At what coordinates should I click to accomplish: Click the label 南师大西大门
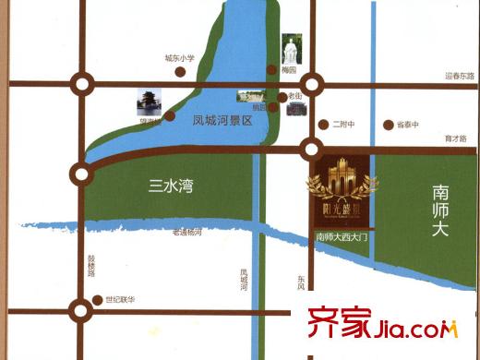pos(342,237)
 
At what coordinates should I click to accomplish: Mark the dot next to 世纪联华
pos(99,300)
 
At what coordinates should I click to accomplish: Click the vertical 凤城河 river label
pos(244,279)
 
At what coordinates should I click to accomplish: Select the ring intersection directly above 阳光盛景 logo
pos(312,149)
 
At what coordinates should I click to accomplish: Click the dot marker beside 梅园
pos(270,70)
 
